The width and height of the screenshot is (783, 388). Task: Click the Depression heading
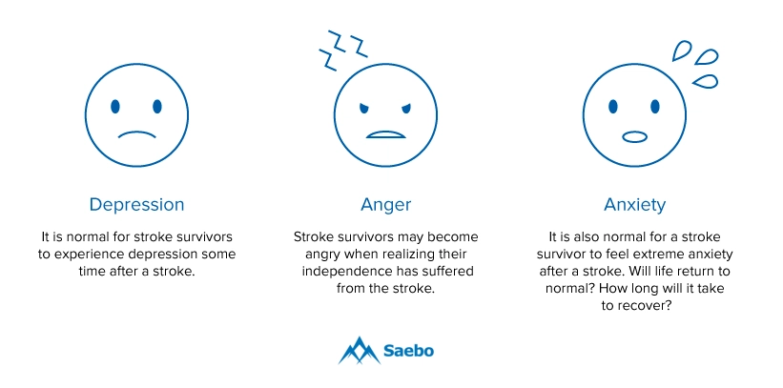coord(136,205)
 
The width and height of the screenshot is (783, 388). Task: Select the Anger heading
coord(386,205)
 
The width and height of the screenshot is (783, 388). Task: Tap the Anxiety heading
coord(634,205)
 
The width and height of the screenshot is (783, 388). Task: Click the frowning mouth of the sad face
coord(136,133)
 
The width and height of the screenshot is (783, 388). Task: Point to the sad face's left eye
coord(115,107)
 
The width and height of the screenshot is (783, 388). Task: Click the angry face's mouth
coord(385,134)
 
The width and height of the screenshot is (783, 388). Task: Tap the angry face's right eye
coord(405,109)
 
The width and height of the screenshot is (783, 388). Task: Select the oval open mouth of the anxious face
coord(634,136)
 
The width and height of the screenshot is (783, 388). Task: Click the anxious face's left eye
coord(613,107)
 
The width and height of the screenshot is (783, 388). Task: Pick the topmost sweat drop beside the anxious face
coord(681,51)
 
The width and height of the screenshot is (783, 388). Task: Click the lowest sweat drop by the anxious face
coord(706,81)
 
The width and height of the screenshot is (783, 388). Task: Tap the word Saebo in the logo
coord(408,351)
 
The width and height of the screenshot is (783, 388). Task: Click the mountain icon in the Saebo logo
coord(359,351)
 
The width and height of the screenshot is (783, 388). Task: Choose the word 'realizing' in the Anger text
coord(420,255)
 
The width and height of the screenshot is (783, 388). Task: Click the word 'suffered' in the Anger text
coord(447,271)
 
